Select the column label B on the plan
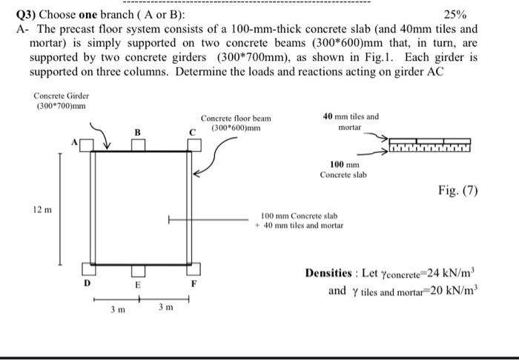pyautogui.click(x=136, y=131)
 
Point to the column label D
pyautogui.click(x=86, y=282)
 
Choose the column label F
pyautogui.click(x=194, y=283)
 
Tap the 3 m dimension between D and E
pyautogui.click(x=113, y=310)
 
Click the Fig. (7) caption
pyautogui.click(x=458, y=191)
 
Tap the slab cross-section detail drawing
pyautogui.click(x=429, y=146)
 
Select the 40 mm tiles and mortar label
pyautogui.click(x=351, y=121)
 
